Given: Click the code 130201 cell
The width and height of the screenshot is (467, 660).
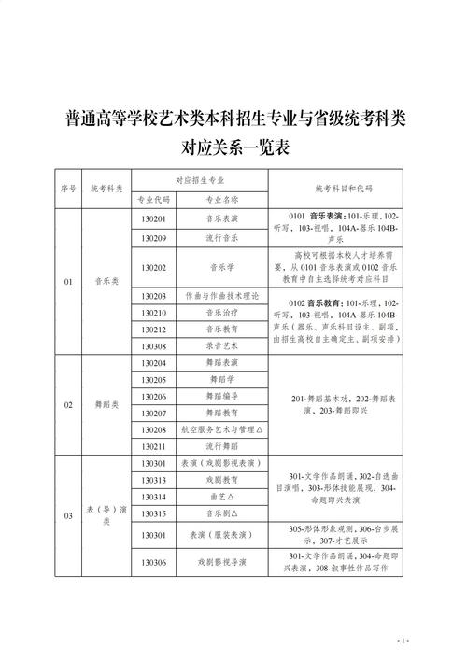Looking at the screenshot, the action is coord(154,219).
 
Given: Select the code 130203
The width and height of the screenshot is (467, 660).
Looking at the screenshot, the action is coord(154,296).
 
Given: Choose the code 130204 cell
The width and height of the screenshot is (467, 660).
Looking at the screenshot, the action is coord(154,363).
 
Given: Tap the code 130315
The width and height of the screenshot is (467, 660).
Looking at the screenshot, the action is coord(154,514).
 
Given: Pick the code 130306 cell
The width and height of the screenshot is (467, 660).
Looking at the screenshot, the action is coord(154,563).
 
